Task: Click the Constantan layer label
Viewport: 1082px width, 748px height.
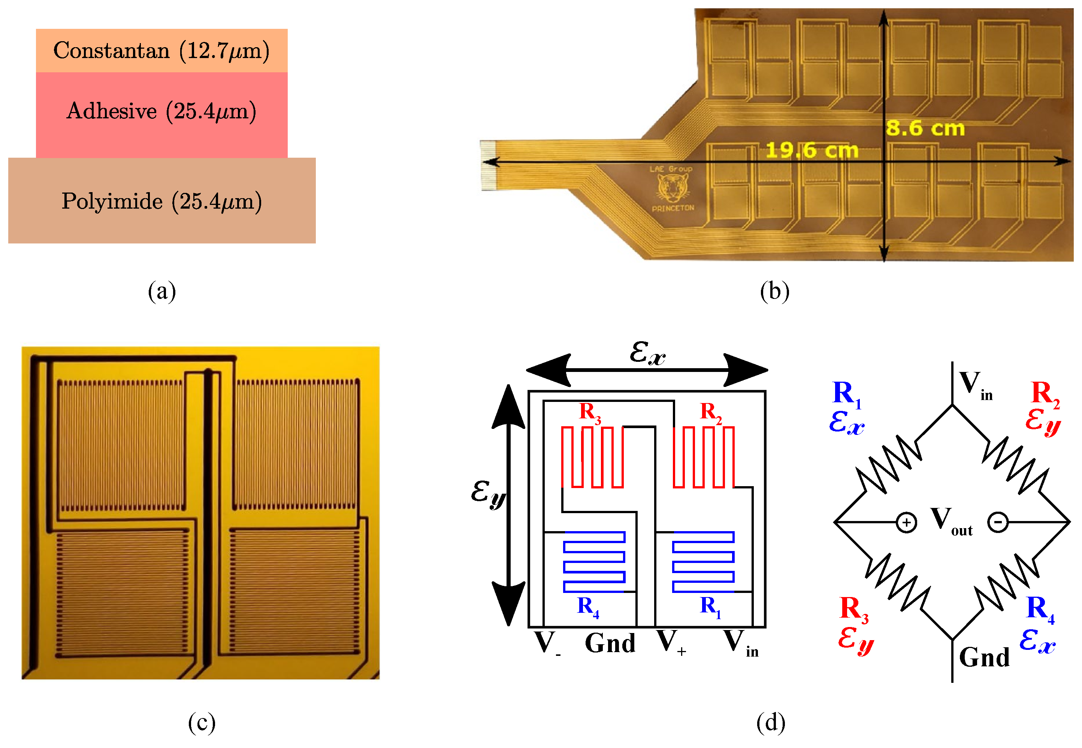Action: [161, 51]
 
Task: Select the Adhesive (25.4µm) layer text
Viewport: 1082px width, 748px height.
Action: [161, 112]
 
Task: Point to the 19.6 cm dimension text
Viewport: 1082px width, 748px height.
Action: [811, 151]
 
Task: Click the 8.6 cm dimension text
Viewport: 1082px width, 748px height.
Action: [925, 128]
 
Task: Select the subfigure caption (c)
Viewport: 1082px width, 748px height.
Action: [202, 722]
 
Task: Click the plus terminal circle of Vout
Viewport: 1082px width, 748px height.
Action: [906, 522]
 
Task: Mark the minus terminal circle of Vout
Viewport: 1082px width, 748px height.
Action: [998, 522]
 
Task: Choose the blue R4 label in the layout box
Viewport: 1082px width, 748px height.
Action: [587, 607]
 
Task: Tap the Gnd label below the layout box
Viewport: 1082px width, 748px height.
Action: [610, 643]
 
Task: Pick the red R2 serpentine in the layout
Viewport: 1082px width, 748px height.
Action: [703, 457]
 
